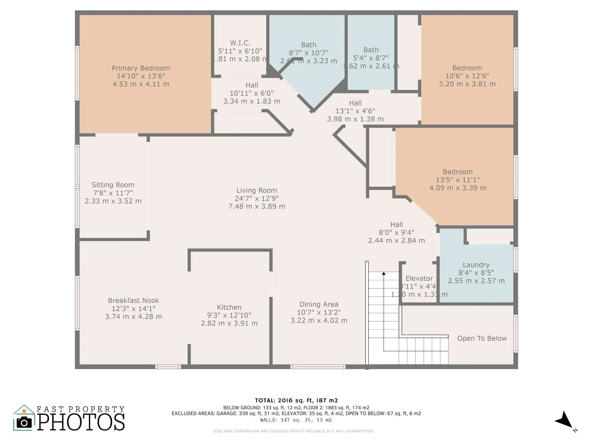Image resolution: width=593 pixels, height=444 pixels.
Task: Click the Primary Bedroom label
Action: [141, 68]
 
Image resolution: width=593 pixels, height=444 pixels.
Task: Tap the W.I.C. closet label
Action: [240, 43]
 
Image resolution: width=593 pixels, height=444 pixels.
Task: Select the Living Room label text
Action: [256, 191]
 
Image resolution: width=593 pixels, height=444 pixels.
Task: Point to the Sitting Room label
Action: [113, 185]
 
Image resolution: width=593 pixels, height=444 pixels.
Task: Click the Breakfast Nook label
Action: [133, 300]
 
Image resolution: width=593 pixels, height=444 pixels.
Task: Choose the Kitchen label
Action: [229, 307]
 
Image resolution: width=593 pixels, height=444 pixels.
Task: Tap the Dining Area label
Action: [319, 304]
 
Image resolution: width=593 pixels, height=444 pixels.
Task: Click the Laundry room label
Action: [476, 265]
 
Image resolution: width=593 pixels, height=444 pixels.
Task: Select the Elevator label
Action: [419, 279]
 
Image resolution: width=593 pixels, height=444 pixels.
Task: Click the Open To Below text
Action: [482, 338]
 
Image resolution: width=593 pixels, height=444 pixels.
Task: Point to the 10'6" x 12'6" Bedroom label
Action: [467, 68]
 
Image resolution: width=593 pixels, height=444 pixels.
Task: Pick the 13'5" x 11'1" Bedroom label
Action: [457, 172]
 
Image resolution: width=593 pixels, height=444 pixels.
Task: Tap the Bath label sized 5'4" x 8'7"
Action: [371, 50]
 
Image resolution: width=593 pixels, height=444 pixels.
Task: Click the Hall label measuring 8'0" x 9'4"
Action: [396, 225]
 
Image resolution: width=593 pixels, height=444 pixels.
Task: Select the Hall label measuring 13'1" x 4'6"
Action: [355, 103]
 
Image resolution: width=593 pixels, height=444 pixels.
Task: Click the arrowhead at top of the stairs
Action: [384, 274]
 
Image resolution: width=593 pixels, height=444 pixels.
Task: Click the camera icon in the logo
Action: [24, 422]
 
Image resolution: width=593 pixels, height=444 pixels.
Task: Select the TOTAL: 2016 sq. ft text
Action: [296, 400]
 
